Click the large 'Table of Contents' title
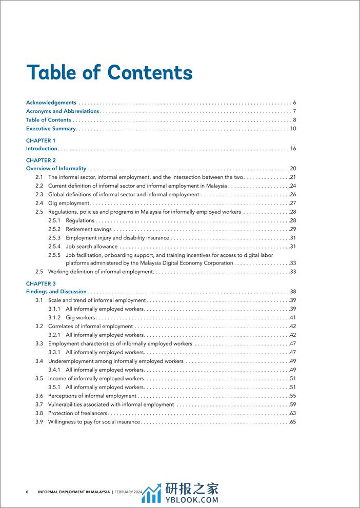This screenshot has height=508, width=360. point(109,72)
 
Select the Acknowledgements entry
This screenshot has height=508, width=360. point(51,103)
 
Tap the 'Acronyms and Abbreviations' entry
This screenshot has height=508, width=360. point(63,111)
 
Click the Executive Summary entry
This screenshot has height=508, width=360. point(51,129)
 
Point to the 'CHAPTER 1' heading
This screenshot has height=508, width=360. point(41,140)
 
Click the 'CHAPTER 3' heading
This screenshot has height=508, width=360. point(41,283)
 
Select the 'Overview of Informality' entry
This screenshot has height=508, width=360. point(56,169)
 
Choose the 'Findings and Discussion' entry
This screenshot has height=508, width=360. point(56,292)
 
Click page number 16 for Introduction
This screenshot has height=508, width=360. point(293,149)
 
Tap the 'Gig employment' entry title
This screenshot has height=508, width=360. point(69,204)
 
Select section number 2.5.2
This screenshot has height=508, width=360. point(54,229)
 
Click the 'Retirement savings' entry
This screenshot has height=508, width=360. point(89,229)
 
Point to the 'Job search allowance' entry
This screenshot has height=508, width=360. point(91,247)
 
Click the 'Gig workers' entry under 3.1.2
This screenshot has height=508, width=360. point(81,318)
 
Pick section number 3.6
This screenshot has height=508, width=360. point(39,396)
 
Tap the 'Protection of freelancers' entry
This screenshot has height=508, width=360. point(77,413)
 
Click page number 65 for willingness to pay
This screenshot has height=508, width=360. point(293,422)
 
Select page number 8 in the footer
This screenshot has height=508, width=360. point(28,492)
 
